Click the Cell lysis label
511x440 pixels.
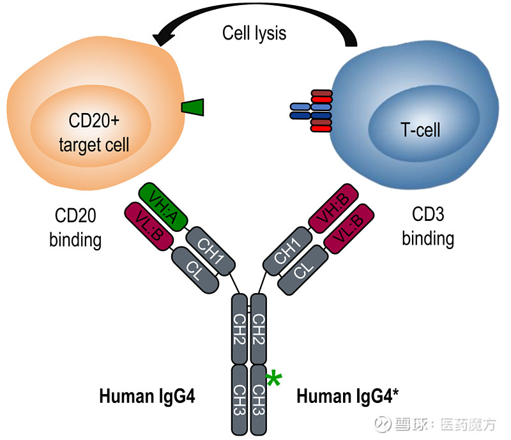pyautogui.click(x=254, y=33)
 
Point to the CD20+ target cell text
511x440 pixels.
pyautogui.click(x=94, y=133)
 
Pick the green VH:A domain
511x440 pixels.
pyautogui.click(x=163, y=206)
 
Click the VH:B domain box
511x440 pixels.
pyautogui.click(x=333, y=206)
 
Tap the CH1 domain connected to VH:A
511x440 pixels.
pyautogui.click(x=211, y=250)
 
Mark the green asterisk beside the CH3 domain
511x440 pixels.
pyautogui.click(x=273, y=379)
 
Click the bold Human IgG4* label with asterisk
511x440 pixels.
pyautogui.click(x=348, y=397)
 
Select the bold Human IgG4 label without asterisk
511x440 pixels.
pyautogui.click(x=147, y=397)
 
